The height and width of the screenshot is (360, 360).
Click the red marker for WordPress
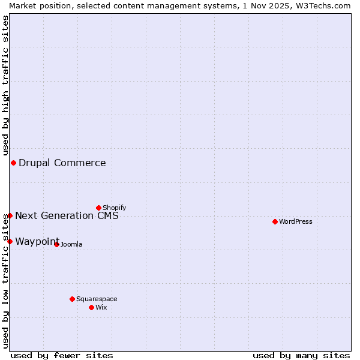click(x=275, y=221)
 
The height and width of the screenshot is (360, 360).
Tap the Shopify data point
click(x=98, y=208)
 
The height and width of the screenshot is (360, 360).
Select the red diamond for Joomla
click(x=56, y=244)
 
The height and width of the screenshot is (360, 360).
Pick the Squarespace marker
click(x=72, y=299)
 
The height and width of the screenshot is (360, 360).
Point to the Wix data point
click(x=91, y=307)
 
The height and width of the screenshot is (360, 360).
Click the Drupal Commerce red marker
click(x=13, y=163)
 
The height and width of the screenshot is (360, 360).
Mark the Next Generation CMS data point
click(x=10, y=215)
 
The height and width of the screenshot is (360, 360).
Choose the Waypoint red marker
click(x=10, y=241)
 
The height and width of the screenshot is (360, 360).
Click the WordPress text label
click(x=296, y=221)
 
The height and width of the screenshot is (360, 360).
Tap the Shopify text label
click(x=115, y=208)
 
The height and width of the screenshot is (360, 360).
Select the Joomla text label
click(x=71, y=244)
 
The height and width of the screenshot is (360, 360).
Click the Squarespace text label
click(x=97, y=299)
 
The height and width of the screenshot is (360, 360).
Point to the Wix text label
click(x=101, y=307)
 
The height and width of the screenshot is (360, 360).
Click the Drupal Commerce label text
click(x=62, y=163)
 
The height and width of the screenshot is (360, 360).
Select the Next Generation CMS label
click(x=67, y=215)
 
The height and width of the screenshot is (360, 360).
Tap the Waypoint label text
click(x=37, y=241)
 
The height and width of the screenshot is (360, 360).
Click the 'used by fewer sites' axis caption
click(x=62, y=355)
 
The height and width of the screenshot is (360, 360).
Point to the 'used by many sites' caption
click(x=301, y=355)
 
